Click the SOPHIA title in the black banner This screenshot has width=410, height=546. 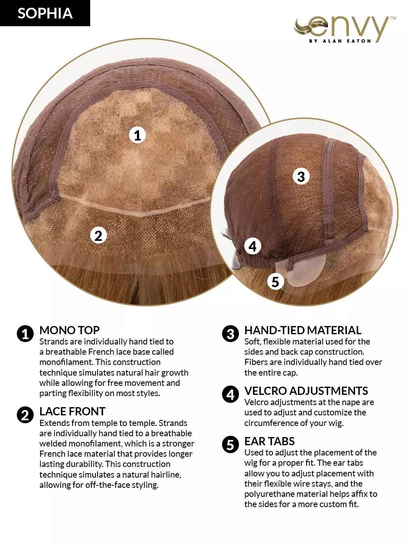(45, 13)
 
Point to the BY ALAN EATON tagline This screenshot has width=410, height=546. (340, 41)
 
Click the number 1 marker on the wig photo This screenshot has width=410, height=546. (137, 135)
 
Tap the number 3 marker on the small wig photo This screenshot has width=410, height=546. (301, 177)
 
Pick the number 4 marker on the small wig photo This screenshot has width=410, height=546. (253, 247)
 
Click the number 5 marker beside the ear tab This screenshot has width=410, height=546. (276, 282)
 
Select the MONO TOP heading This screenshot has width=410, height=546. (69, 330)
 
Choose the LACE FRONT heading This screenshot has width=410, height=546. (73, 411)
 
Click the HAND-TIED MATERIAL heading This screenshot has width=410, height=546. (303, 330)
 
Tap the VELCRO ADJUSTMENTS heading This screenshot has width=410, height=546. (306, 391)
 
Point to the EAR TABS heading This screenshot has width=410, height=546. (270, 441)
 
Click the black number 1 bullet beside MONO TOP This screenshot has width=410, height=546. (25, 334)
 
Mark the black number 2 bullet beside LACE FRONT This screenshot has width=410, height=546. (25, 415)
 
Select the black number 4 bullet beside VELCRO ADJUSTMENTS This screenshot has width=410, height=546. (230, 394)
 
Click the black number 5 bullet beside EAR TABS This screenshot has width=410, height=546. (230, 445)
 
